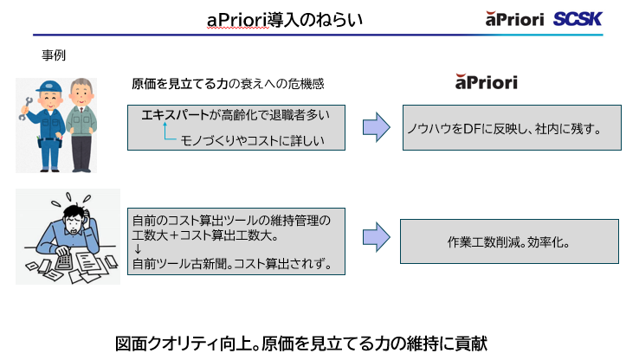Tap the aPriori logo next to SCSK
[517, 19]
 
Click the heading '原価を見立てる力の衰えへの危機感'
[228, 84]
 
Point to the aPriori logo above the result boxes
[486, 83]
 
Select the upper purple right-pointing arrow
[376, 127]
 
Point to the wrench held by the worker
[25, 107]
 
